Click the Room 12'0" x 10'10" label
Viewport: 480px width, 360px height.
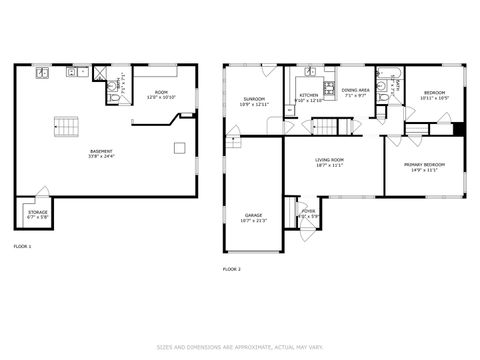point(162,95)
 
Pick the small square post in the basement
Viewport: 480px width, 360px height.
point(178,149)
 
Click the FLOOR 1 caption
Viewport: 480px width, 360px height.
point(22,245)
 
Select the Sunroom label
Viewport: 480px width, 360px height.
point(254,101)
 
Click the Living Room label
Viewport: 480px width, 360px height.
point(329,163)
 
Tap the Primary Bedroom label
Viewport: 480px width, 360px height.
point(421,167)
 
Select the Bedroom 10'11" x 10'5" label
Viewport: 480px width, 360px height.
point(434,95)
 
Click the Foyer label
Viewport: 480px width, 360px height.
point(309,213)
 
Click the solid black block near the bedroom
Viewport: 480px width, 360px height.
point(459,128)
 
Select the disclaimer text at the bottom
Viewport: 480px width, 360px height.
point(240,348)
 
